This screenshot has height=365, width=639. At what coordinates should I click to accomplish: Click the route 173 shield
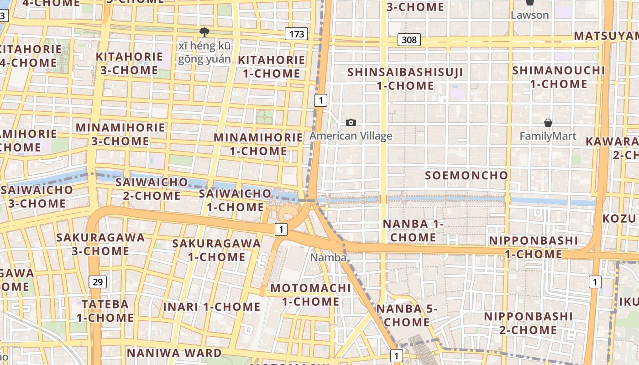[x=296, y=34]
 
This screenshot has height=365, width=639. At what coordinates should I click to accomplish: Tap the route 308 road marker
[x=409, y=40]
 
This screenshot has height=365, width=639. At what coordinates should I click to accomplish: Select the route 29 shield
[x=98, y=282]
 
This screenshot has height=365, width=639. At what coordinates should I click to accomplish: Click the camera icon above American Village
[x=351, y=122]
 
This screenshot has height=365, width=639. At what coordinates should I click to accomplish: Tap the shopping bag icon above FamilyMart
[x=548, y=123]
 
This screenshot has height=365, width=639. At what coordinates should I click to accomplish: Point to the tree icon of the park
[x=204, y=32]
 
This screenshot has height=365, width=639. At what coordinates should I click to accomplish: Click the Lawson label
[x=529, y=15]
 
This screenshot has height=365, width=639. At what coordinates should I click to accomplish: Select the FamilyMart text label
[x=548, y=136]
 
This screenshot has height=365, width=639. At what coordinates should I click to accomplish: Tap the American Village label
[x=351, y=136]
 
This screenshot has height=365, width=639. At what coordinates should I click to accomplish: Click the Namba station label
[x=328, y=257]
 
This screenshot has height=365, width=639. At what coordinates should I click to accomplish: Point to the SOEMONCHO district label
[x=466, y=175]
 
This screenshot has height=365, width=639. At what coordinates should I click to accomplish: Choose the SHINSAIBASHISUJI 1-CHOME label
[x=405, y=78]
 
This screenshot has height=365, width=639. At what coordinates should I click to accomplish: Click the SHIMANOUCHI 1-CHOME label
[x=559, y=77]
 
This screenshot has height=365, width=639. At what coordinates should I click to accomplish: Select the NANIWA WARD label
[x=174, y=353]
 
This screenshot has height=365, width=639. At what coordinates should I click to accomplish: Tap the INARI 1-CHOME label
[x=212, y=307]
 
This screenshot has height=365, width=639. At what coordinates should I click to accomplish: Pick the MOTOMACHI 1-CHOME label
[x=311, y=295]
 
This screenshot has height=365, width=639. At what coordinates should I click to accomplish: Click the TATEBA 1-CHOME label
[x=105, y=311]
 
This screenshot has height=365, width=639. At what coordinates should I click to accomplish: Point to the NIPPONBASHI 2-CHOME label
[x=528, y=323]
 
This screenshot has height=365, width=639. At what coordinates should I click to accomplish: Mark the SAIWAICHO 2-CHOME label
[x=152, y=189]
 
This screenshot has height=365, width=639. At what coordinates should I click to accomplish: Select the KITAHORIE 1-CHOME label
[x=272, y=67]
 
